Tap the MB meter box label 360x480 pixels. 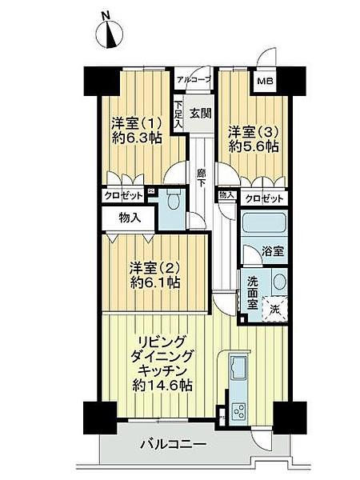point(265,81)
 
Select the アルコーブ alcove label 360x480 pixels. point(194,79)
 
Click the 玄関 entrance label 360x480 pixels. point(201,114)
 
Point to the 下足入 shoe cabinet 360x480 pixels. point(178,114)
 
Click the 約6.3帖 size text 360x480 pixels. point(137,139)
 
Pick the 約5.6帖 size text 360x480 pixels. point(254,146)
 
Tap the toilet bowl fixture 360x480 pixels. point(174,199)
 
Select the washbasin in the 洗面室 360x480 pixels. point(279,282)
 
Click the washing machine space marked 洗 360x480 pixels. point(275,309)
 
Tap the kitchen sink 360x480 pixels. point(238,367)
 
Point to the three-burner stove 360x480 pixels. point(239,411)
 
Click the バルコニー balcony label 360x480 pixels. point(173,443)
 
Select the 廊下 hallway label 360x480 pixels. point(201,178)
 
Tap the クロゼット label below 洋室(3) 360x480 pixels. point(264,199)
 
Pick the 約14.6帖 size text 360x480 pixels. point(162,385)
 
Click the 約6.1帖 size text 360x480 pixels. point(155,282)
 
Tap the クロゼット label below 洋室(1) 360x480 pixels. point(124,195)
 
